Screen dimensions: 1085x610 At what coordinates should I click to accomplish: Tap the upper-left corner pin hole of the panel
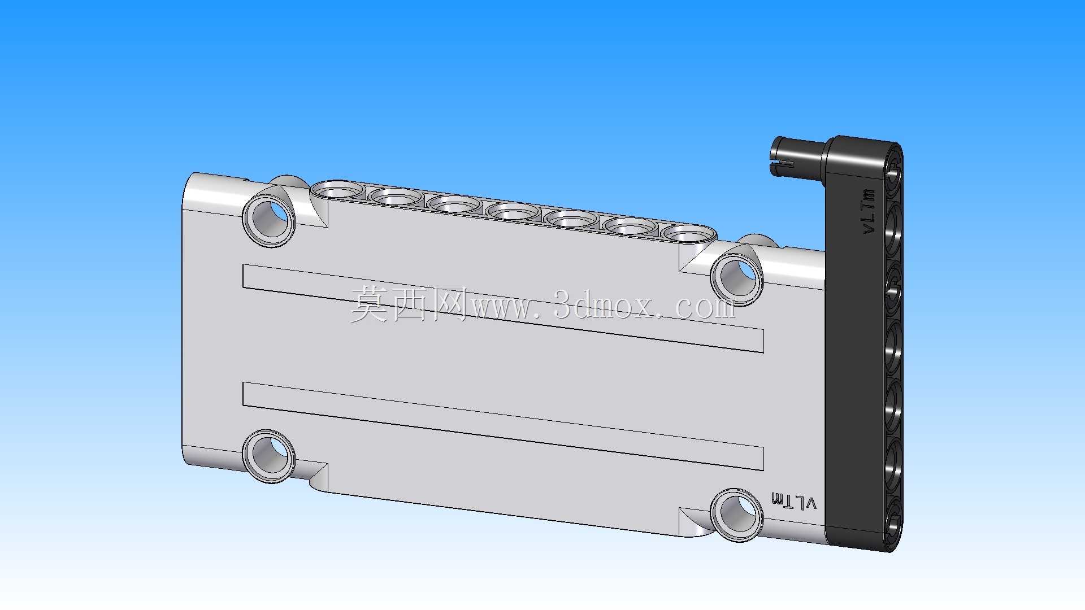click(x=269, y=220)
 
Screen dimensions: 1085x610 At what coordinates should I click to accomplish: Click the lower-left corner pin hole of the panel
click(x=269, y=456)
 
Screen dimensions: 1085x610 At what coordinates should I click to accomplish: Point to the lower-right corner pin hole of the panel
click(x=737, y=515)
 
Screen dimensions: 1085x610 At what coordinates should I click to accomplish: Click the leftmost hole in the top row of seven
click(x=338, y=191)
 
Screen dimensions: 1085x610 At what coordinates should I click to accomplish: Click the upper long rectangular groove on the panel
click(x=503, y=308)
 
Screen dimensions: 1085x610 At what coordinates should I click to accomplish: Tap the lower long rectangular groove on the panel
click(x=503, y=426)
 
